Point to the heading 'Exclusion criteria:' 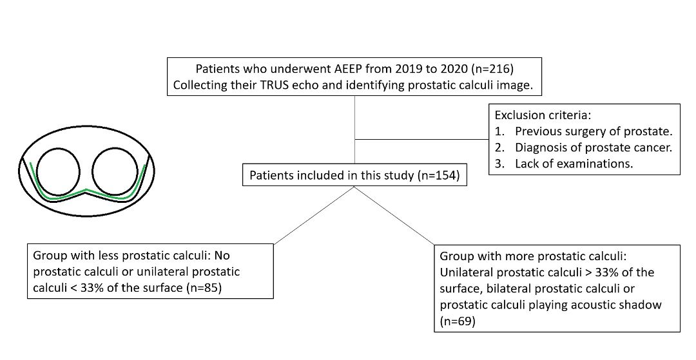[543, 115]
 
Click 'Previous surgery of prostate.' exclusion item [594, 131]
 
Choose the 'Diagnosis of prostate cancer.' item [594, 147]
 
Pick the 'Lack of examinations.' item [574, 163]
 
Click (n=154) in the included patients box [439, 176]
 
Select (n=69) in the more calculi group [458, 321]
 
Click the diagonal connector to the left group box [314, 216]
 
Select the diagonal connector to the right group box [395, 216]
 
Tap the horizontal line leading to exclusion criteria [421, 139]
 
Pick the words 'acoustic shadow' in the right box [617, 305]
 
